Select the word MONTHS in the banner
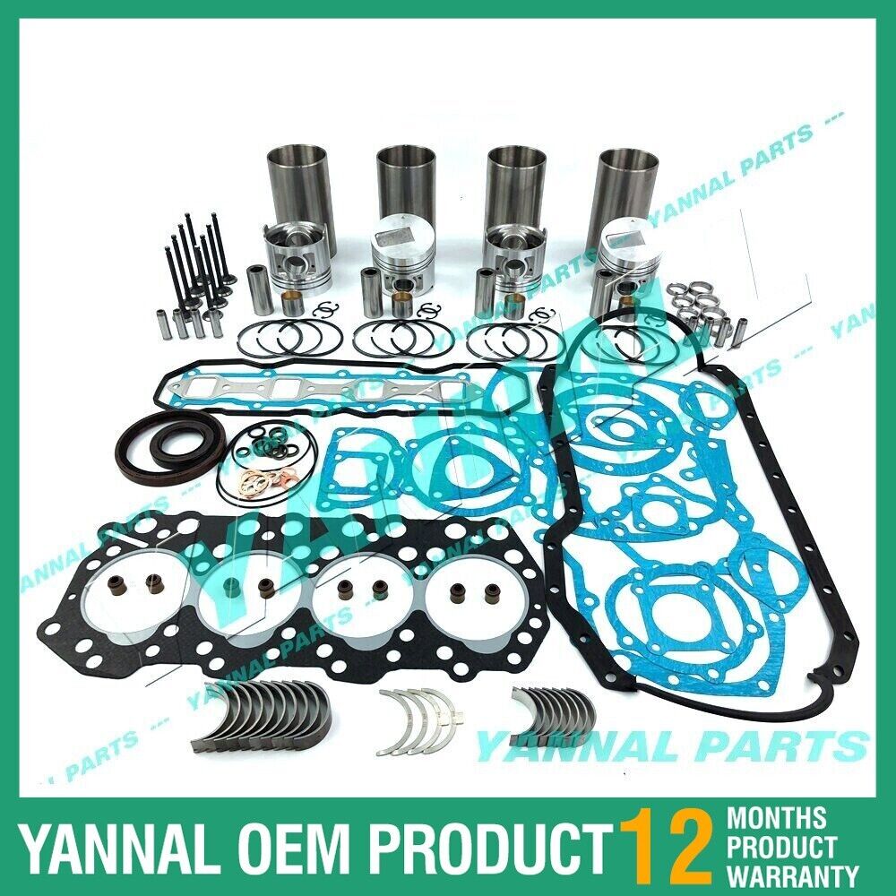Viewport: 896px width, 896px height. click(x=777, y=816)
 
